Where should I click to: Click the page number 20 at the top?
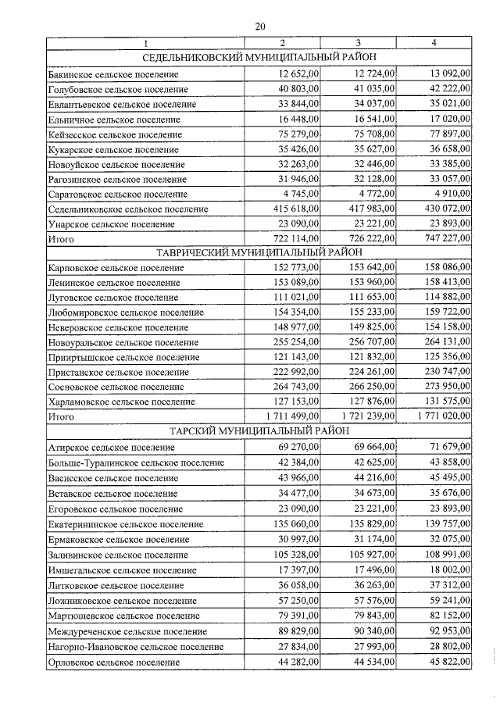(x=259, y=27)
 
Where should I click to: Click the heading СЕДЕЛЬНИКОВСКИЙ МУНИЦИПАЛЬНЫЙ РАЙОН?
(x=259, y=57)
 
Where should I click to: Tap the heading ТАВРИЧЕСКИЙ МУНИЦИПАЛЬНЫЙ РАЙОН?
(x=259, y=252)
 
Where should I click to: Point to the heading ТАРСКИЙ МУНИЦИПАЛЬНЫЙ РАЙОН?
(x=259, y=430)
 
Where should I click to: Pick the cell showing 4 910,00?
(x=449, y=195)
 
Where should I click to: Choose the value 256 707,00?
(x=368, y=342)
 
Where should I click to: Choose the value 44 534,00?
(x=370, y=662)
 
